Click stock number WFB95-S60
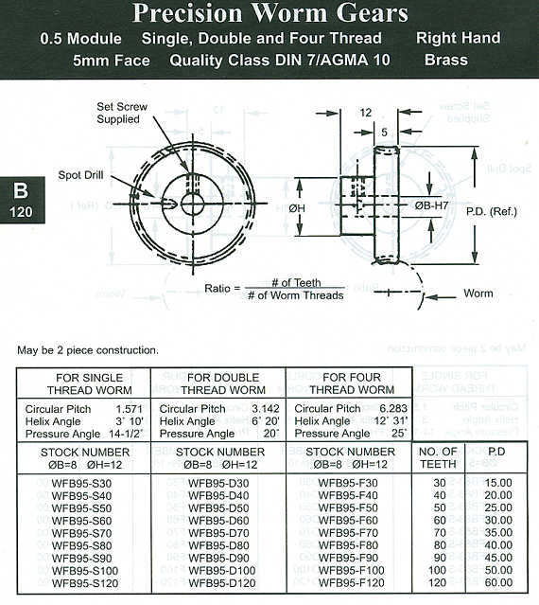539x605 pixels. [x=81, y=521]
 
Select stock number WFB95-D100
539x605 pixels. [x=222, y=571]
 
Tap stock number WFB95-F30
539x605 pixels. [x=348, y=483]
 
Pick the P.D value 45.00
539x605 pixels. [x=498, y=558]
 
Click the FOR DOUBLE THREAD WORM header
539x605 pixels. [x=223, y=383]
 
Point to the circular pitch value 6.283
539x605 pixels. [x=393, y=409]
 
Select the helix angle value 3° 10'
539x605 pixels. [x=130, y=421]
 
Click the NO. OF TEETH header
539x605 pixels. [x=439, y=457]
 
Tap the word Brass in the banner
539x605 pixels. [x=446, y=61]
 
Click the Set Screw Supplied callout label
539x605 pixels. [x=122, y=113]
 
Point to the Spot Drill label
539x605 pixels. [x=80, y=175]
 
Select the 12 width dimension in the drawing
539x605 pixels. [x=366, y=113]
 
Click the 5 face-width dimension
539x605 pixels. [x=384, y=133]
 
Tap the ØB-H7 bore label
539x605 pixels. [x=432, y=205]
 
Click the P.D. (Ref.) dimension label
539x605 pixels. [x=492, y=212]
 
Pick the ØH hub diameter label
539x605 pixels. [x=297, y=208]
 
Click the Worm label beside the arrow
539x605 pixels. [x=478, y=294]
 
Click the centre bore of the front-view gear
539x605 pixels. [x=193, y=203]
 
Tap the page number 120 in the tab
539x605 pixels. [x=21, y=212]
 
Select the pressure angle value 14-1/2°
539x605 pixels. [x=126, y=434]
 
